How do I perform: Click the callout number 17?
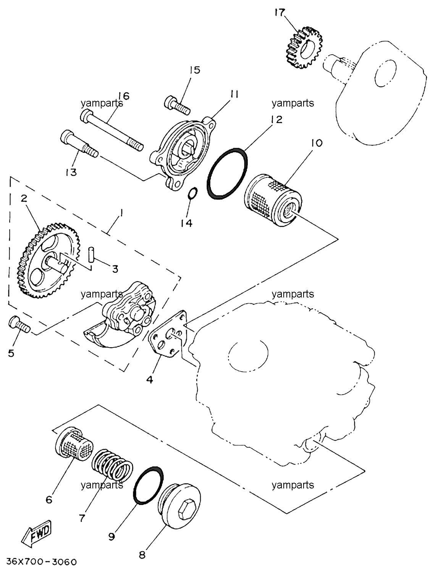point(280,13)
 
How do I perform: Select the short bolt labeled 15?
point(177,105)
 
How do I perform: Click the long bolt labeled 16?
point(112,130)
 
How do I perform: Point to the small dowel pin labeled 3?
point(91,254)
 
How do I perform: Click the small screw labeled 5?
point(19,324)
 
